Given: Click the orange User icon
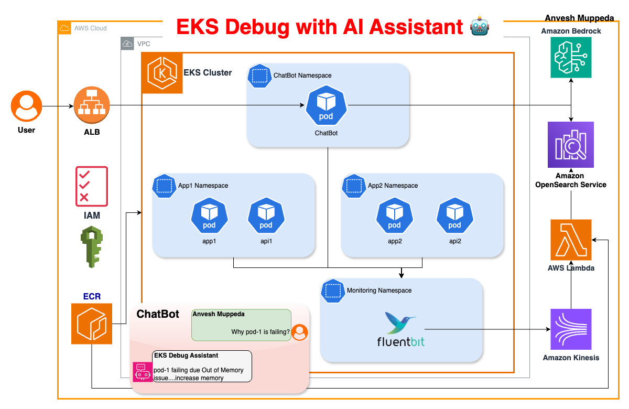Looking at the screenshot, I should click(26, 106).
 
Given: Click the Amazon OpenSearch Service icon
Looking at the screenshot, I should click(571, 144).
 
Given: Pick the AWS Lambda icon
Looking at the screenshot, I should click(571, 240).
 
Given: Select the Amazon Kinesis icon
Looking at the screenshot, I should click(571, 329).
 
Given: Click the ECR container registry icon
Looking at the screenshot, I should click(92, 324).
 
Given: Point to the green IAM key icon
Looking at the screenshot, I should click(91, 247).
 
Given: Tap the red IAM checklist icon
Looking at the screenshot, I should click(92, 186).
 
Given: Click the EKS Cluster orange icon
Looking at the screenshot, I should click(162, 73).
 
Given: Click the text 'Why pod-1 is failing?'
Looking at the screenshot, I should click(261, 331).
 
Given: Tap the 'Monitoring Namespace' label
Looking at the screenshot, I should click(379, 290).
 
